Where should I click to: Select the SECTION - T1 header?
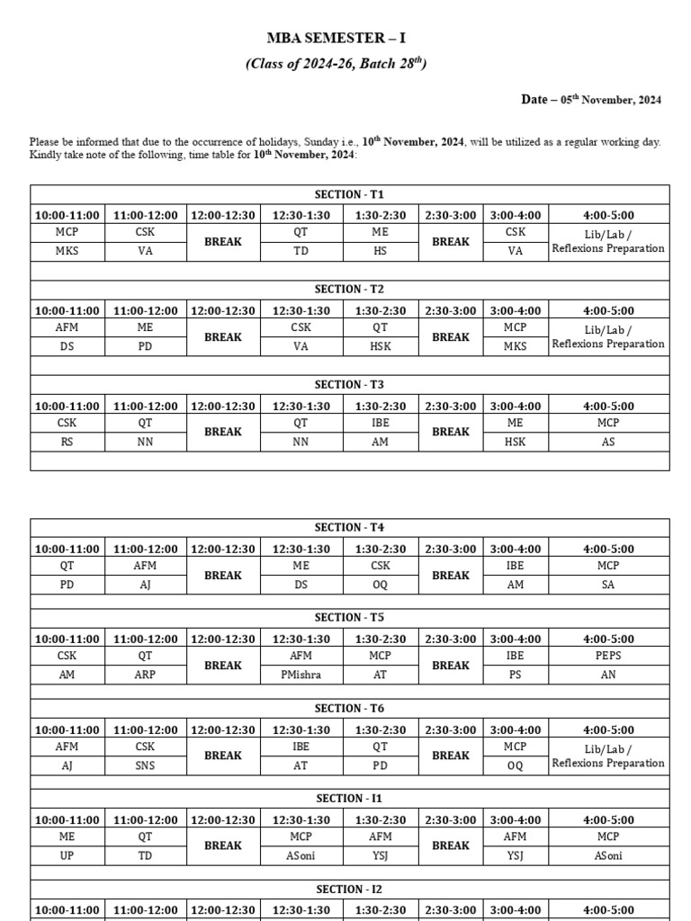(x=349, y=194)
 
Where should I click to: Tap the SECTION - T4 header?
(x=349, y=527)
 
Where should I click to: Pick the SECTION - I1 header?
(x=349, y=799)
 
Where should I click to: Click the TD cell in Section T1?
(x=301, y=251)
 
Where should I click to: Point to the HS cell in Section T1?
(x=380, y=251)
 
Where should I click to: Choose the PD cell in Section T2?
(x=145, y=346)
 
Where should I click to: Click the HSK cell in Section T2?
(x=380, y=346)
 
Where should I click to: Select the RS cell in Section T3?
(x=67, y=442)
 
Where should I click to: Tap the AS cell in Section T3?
(x=608, y=442)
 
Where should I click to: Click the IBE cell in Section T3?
(x=380, y=423)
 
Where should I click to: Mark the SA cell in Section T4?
(x=608, y=585)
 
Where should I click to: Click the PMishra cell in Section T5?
(x=301, y=675)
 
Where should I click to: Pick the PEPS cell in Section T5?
(x=608, y=656)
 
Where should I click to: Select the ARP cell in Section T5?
(x=145, y=675)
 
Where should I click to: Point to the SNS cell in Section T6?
(x=145, y=765)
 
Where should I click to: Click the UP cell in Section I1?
(x=67, y=855)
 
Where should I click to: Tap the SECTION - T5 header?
(x=349, y=617)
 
